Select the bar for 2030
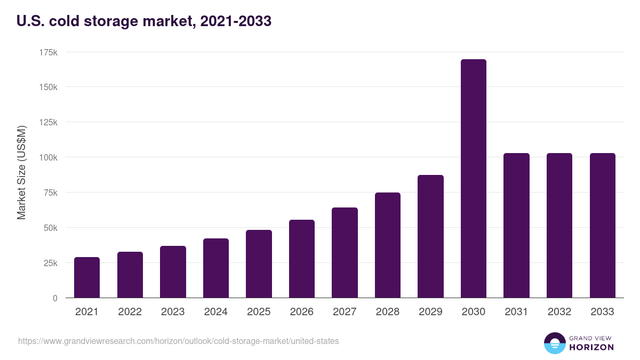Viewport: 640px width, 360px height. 473,179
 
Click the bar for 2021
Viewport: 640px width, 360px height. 87,277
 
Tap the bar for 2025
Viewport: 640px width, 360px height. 259,264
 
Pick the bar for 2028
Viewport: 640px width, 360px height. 388,245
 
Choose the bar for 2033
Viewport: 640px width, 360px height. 602,226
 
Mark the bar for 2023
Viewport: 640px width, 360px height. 173,272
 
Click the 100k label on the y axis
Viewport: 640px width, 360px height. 48,157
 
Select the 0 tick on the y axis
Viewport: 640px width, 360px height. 54,298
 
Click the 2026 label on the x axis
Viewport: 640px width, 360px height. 302,312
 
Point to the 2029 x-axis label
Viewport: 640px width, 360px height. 430,312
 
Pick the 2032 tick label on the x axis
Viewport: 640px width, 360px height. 559,312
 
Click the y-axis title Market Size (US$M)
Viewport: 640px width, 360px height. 21,173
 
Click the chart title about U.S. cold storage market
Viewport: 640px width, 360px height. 144,21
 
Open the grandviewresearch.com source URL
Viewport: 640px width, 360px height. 178,341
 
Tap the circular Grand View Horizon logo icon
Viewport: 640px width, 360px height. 554,343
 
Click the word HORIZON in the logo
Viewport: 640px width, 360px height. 591,347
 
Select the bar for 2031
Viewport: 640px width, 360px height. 516,226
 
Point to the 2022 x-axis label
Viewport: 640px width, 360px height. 130,312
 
